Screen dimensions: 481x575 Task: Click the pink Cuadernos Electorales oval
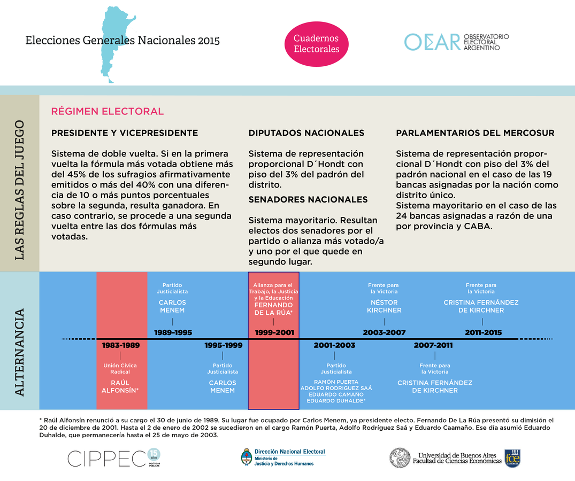click(x=316, y=44)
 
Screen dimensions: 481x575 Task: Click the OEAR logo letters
click(x=432, y=42)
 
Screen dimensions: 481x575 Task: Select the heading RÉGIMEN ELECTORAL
click(x=107, y=111)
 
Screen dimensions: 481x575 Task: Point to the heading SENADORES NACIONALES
click(x=308, y=199)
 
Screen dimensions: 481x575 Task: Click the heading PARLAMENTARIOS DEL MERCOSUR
click(x=475, y=133)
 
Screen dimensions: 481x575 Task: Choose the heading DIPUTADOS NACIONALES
click(x=306, y=133)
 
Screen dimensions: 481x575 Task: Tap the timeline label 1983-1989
click(x=121, y=345)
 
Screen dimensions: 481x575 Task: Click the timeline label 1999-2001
click(x=274, y=332)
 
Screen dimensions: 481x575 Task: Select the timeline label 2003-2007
click(x=384, y=332)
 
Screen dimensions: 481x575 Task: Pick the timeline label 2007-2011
click(x=433, y=345)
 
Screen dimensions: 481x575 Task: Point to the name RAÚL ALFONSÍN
click(x=120, y=386)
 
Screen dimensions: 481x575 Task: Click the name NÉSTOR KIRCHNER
click(x=384, y=306)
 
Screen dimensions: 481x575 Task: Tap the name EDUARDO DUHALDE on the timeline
click(x=335, y=401)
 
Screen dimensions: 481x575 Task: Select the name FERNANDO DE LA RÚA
click(x=273, y=309)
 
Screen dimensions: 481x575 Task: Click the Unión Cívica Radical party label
click(x=120, y=369)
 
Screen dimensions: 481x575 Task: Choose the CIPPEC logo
click(x=106, y=458)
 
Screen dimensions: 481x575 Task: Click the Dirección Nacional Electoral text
click(x=289, y=452)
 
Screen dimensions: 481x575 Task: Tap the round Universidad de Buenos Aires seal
click(x=400, y=458)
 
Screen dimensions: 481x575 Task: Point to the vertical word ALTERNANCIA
click(x=20, y=352)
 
